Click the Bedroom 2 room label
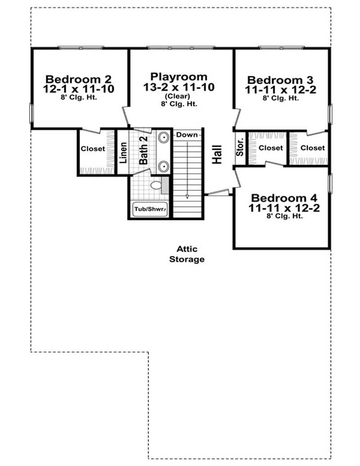click(x=78, y=78)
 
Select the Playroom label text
click(x=179, y=76)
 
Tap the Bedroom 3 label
click(x=280, y=79)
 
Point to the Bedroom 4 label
click(x=284, y=198)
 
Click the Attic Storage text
click(x=187, y=254)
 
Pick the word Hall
click(x=217, y=154)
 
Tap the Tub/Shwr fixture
click(x=150, y=209)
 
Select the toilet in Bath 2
click(x=156, y=184)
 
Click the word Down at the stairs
click(x=187, y=134)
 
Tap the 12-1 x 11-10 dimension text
click(x=78, y=89)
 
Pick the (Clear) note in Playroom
click(x=177, y=96)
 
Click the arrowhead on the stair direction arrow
click(x=187, y=196)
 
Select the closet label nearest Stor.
click(x=271, y=148)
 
